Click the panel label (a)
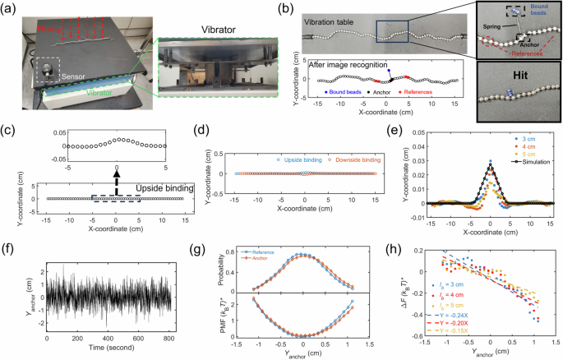coord(12,7)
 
